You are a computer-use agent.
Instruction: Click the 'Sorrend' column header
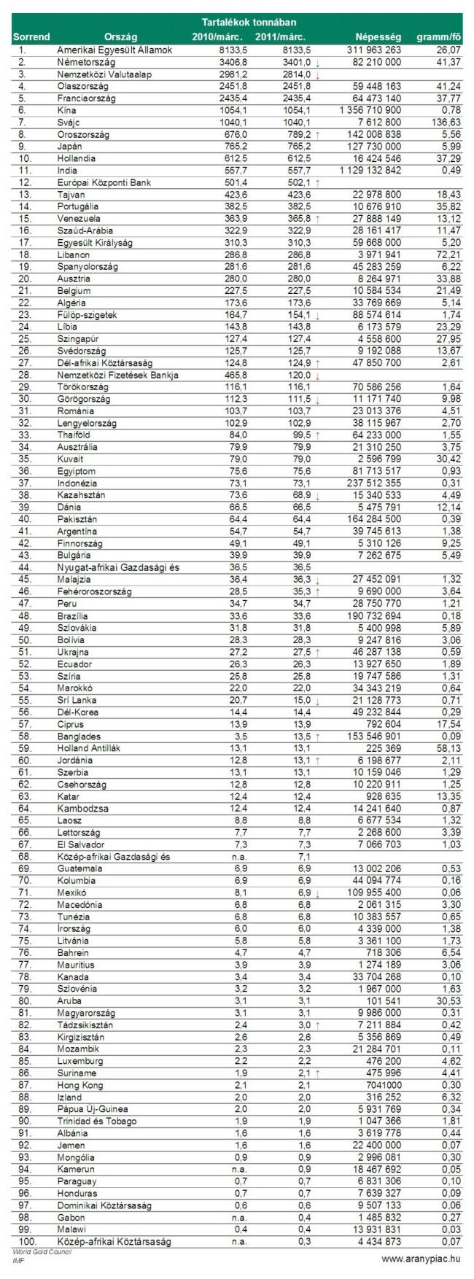(31, 36)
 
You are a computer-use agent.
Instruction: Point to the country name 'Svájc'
(69, 122)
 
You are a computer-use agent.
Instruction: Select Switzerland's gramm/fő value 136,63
(446, 122)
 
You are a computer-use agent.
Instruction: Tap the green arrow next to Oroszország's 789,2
(318, 134)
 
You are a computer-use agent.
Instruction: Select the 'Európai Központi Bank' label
(104, 182)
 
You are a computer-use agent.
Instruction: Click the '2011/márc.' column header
(281, 36)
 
